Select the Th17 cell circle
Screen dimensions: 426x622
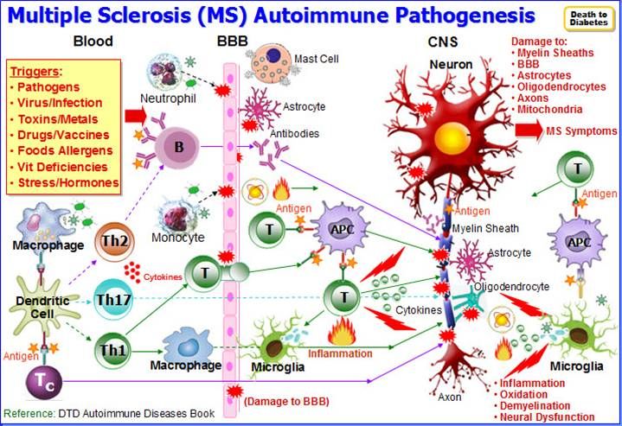click(112, 300)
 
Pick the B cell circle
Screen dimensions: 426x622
click(179, 147)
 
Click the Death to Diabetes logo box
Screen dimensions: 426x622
click(588, 18)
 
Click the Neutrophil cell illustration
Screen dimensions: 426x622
click(165, 73)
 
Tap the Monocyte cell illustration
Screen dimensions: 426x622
click(182, 209)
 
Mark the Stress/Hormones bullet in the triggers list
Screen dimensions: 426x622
click(64, 181)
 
